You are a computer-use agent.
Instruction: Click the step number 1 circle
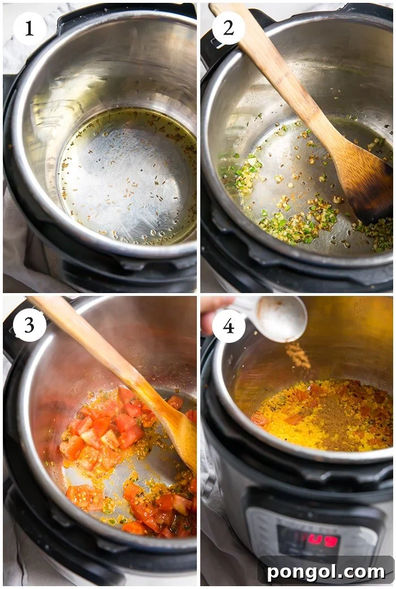pos(29,28)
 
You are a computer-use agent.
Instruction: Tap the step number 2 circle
pos(229,28)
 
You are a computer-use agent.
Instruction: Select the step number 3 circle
pos(29,325)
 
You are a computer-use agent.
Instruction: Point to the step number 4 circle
pos(229,325)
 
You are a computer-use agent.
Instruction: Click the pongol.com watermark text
pos(325,571)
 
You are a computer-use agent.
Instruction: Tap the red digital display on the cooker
pos(317,540)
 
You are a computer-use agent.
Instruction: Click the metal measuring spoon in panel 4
pos(277,318)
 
